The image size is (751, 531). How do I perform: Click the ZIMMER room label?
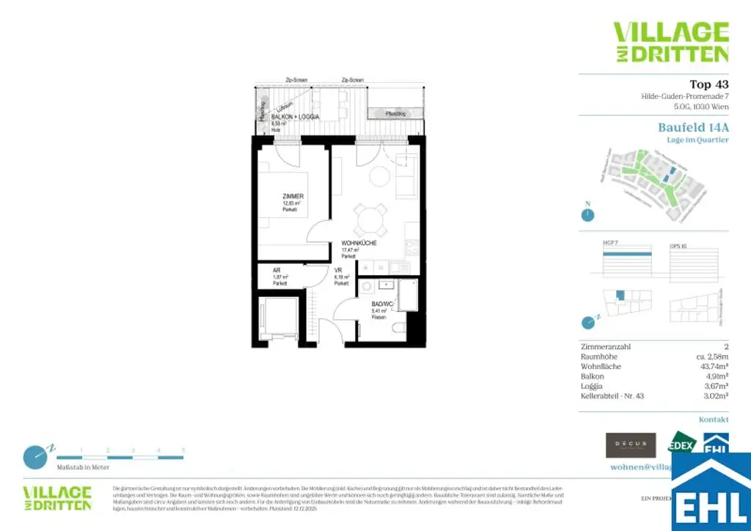(293, 197)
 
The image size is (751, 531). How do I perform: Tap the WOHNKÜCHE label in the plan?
(358, 243)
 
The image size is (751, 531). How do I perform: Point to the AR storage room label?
(276, 270)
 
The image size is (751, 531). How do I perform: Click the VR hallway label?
(338, 270)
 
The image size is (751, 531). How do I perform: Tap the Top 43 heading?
(708, 84)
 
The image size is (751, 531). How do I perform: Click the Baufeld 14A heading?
(693, 126)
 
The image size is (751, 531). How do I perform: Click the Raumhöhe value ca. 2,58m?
(709, 356)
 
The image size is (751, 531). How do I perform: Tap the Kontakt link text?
(713, 420)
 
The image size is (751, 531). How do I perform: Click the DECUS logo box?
(630, 445)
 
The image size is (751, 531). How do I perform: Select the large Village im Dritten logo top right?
(670, 42)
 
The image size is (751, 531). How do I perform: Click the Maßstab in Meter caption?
(83, 466)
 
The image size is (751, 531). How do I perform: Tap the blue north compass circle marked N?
(587, 215)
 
